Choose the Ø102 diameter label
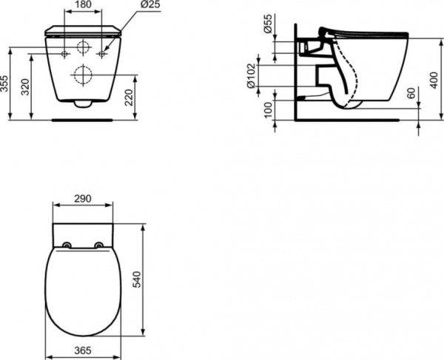point(252,75)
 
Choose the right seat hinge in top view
point(99,245)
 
